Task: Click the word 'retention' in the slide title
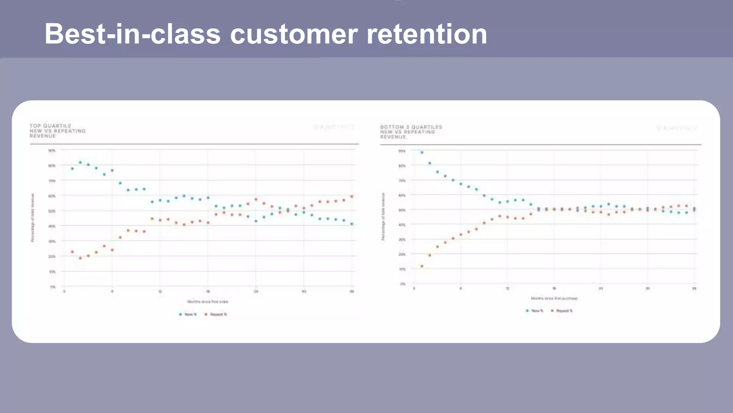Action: pos(427,34)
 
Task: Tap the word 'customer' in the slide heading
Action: pos(293,34)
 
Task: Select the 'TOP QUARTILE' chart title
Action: pos(50,126)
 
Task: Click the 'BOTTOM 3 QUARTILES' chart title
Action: pos(411,127)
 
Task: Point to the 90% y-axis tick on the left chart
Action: pos(52,151)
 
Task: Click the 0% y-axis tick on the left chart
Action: pos(53,287)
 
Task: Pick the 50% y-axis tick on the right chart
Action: pos(402,210)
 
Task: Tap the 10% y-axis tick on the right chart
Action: pos(402,269)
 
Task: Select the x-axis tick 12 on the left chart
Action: pos(160,291)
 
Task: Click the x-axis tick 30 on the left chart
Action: pos(304,291)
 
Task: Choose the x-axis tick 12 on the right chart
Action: pos(507,289)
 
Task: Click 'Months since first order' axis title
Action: pos(208,302)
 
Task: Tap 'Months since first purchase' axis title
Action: pos(554,298)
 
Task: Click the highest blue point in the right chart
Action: pos(422,152)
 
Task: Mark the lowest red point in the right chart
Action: pos(422,266)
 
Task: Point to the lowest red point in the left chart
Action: pos(80,258)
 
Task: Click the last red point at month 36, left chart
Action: pos(351,196)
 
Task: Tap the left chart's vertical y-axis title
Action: pos(33,218)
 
